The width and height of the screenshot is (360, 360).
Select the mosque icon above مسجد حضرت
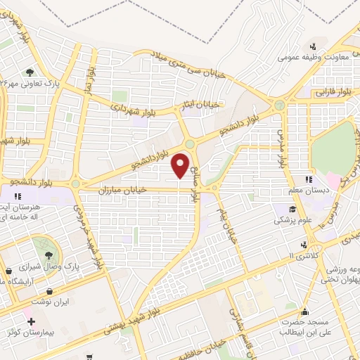coord(304,310)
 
